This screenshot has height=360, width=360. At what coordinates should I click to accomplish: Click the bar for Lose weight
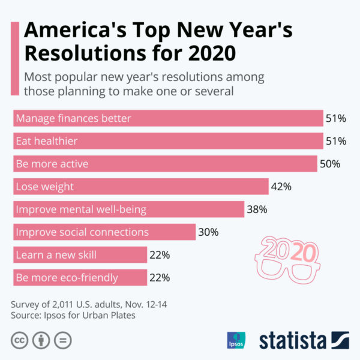(140, 187)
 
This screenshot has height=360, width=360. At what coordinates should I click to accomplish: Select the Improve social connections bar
(104, 232)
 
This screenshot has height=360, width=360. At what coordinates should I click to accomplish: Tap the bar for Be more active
(165, 164)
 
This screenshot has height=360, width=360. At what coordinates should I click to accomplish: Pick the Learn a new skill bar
(80, 255)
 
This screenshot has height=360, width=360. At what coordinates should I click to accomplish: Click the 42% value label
(281, 187)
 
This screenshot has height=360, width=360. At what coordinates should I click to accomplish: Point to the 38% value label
(257, 209)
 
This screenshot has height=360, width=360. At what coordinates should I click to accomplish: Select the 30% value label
(208, 232)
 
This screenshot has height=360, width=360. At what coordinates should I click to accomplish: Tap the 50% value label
(330, 164)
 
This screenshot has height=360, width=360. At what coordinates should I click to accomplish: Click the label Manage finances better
(73, 118)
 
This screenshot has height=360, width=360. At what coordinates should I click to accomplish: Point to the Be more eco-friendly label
(67, 278)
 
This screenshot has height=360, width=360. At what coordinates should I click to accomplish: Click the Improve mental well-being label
(81, 209)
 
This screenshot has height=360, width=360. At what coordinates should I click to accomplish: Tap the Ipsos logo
(236, 340)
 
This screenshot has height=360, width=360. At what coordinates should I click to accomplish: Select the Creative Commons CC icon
(19, 340)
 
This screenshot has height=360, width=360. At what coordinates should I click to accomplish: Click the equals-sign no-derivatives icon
(62, 340)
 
